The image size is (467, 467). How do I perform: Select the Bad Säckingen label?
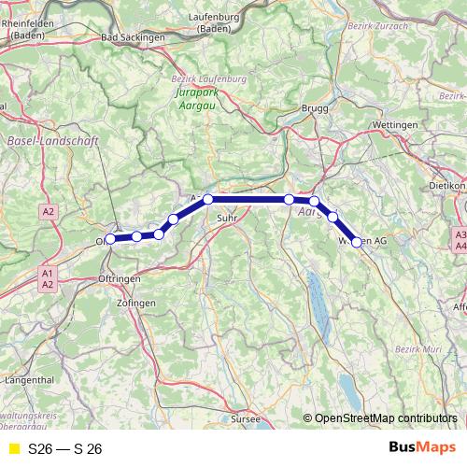point(132,37)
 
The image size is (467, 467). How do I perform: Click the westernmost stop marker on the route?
point(110,239)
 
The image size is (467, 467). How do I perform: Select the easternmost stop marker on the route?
point(356,242)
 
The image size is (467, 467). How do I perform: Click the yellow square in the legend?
point(12,449)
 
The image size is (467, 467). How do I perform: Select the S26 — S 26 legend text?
point(64,449)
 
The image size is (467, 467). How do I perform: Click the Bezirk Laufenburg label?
point(209,79)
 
